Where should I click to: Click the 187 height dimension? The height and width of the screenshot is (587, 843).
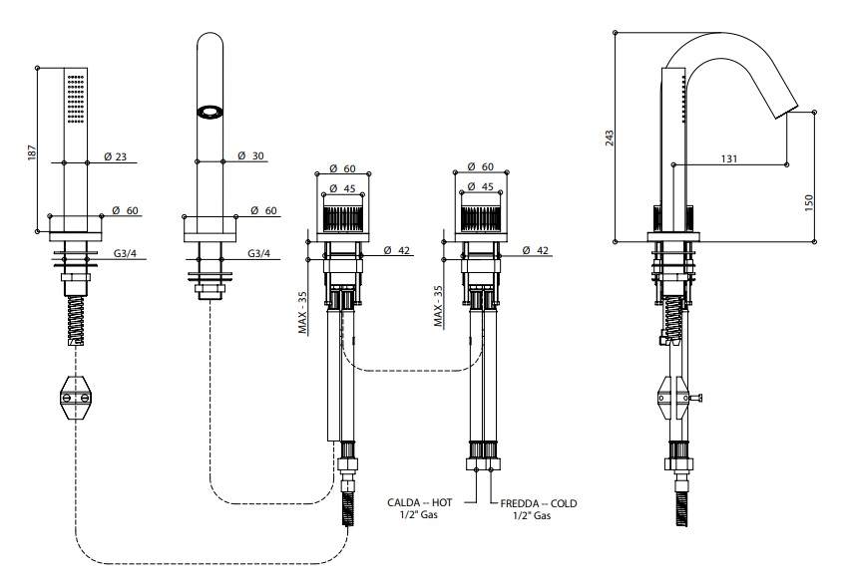click(x=29, y=153)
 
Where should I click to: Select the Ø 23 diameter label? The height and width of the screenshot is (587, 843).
click(x=115, y=156)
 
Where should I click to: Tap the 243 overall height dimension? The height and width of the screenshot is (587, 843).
click(x=609, y=137)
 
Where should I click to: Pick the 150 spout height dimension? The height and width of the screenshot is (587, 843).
click(x=809, y=200)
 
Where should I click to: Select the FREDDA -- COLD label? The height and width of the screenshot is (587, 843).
click(x=540, y=503)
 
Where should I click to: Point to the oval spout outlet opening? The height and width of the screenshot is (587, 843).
click(x=210, y=113)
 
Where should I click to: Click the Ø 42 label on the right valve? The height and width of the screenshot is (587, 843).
click(x=537, y=251)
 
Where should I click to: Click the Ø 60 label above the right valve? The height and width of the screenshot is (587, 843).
click(x=482, y=167)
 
